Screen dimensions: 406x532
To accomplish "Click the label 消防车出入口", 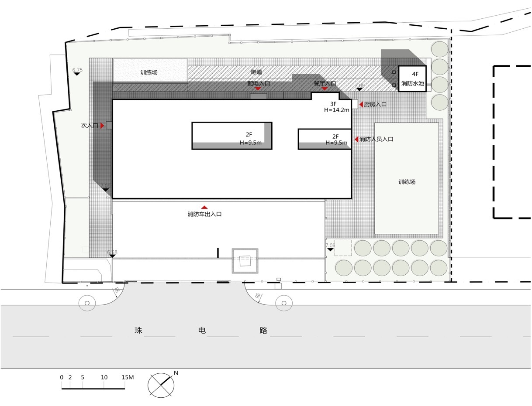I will tap(204, 214).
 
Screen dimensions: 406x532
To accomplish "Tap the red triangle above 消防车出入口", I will tap(204, 208).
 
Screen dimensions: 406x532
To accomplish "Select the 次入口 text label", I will tap(90, 126).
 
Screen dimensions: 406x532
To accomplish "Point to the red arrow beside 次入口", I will tap(102, 126).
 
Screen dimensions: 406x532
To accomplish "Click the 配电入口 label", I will tap(259, 83).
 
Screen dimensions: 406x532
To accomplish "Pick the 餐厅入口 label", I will tap(325, 83).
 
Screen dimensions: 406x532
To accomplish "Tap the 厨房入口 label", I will tap(375, 105).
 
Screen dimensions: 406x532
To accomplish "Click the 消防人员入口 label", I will tap(376, 139).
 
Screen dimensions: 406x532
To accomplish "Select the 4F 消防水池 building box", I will tap(412, 79).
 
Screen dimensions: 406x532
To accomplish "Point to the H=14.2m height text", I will tap(337, 110).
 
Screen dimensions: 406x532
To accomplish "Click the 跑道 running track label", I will tap(256, 72).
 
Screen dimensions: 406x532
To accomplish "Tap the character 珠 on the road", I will tap(138, 331).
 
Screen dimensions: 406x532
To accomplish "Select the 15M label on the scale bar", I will tap(128, 377).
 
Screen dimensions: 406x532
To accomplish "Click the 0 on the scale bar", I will tap(62, 377).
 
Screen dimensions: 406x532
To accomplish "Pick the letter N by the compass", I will tap(176, 373).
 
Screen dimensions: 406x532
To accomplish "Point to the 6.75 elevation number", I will tap(77, 70).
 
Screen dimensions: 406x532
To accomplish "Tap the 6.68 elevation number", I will tap(112, 252).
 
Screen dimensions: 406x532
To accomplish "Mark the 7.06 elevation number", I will tap(331, 246).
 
